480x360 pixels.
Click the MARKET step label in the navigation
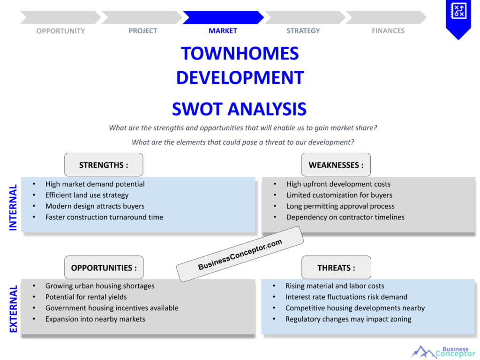coord(223,31)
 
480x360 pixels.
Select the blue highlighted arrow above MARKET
coord(223,17)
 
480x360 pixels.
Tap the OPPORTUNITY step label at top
coord(60,31)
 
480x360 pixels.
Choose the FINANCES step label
coord(388,31)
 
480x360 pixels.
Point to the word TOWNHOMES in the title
coord(240,53)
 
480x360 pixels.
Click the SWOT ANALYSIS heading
coord(239,109)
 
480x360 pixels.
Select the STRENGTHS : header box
coord(104,165)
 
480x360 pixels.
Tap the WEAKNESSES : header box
coord(336,165)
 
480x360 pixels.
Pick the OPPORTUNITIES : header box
coord(104,268)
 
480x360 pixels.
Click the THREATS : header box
coord(336,268)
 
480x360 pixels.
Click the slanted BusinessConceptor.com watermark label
coord(240,254)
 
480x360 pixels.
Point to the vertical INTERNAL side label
coord(13,207)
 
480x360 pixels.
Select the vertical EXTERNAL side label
coord(13,309)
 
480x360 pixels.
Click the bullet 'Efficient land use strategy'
coord(87,195)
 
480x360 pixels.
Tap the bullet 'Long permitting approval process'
coord(340,206)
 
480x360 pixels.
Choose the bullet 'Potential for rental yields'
coord(86,297)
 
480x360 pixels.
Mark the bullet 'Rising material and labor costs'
coord(335,286)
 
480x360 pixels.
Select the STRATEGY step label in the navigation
coord(303,31)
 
